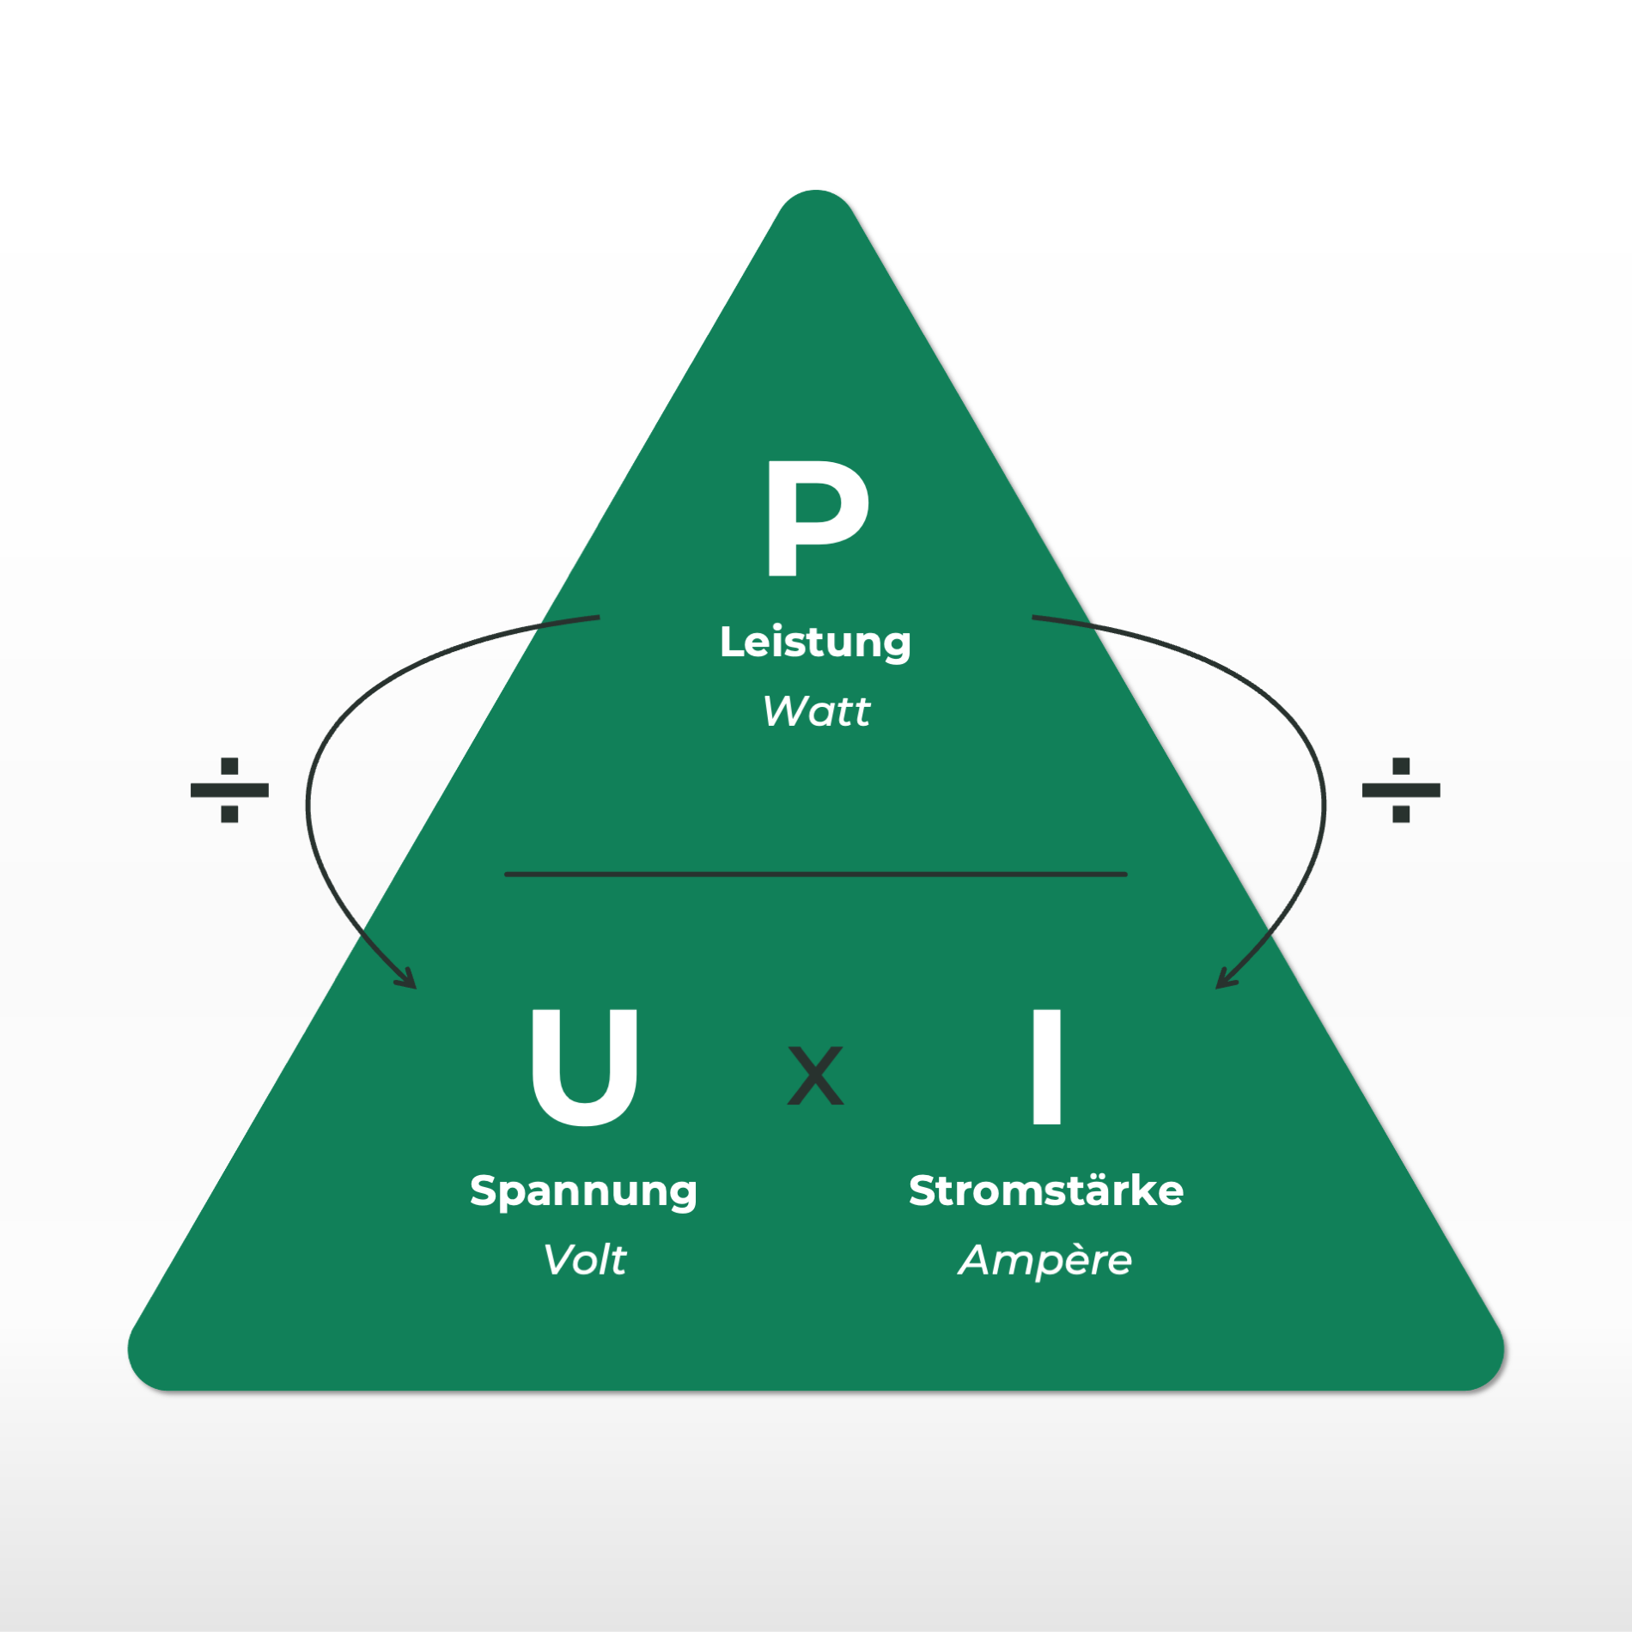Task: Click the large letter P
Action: point(816,518)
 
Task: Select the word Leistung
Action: point(815,642)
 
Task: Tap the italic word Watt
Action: point(816,711)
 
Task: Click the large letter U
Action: point(584,1067)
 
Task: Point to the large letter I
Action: point(1046,1067)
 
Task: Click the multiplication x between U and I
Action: point(815,1075)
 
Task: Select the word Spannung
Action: point(583,1192)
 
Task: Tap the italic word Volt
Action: point(584,1260)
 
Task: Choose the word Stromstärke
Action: point(1046,1191)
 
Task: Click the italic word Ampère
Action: point(1045,1260)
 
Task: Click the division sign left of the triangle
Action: point(229,789)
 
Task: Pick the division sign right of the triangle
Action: point(1401,789)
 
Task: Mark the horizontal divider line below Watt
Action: point(815,874)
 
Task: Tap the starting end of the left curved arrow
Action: point(598,617)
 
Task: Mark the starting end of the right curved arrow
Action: point(1034,617)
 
